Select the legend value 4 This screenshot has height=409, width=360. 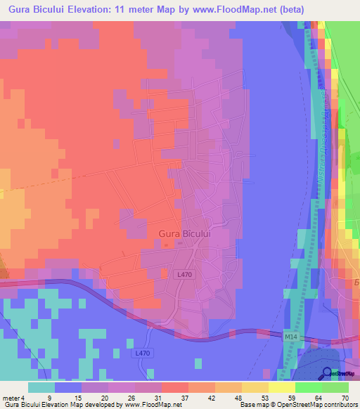[x=23, y=398]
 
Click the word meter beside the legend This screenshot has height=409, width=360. [x=11, y=398]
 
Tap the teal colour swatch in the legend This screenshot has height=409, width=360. [x=41, y=387]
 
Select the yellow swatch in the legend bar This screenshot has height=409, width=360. [x=255, y=387]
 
